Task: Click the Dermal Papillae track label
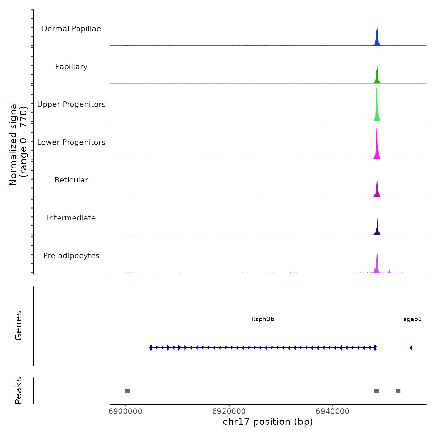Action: point(71,29)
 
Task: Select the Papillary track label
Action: point(71,67)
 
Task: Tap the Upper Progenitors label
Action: point(71,104)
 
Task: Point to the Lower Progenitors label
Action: point(71,142)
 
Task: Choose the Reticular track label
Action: point(71,180)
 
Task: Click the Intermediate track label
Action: point(71,218)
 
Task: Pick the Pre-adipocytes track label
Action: point(71,256)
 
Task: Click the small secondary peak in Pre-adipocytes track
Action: point(389,271)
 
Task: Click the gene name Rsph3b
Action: point(263,319)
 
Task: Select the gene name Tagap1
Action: point(411,319)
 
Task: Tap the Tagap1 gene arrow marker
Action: point(411,348)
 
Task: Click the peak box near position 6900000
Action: point(127,391)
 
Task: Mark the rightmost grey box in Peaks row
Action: point(398,391)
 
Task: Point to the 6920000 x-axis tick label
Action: point(229,411)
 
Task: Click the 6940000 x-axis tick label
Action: point(333,411)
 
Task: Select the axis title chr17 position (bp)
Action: point(268,422)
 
